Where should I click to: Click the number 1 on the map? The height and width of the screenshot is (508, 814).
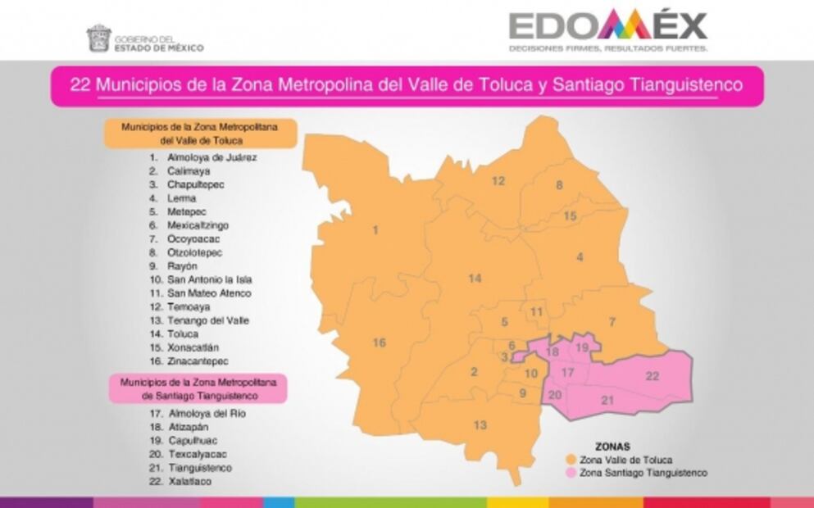click(x=375, y=230)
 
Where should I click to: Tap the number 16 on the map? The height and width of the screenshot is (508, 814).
click(x=379, y=343)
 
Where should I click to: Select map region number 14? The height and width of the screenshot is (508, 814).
click(x=475, y=279)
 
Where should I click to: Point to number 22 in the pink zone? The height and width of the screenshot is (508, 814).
click(x=653, y=376)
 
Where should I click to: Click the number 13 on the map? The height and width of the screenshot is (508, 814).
click(x=480, y=424)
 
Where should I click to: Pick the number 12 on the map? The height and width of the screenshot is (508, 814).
click(x=498, y=181)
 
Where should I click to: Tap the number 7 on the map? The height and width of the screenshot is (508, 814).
click(x=612, y=321)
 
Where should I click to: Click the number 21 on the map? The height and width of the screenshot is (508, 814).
click(x=607, y=401)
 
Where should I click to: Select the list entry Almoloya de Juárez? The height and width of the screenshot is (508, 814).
click(x=200, y=156)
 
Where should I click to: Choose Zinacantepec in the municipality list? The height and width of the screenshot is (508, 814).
click(x=198, y=361)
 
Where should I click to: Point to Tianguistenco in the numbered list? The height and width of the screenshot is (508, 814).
click(x=199, y=468)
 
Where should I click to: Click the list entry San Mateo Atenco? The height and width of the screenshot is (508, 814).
click(x=209, y=293)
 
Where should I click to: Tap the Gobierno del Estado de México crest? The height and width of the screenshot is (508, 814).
click(x=98, y=39)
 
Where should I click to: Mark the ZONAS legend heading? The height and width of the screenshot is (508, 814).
click(x=613, y=447)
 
